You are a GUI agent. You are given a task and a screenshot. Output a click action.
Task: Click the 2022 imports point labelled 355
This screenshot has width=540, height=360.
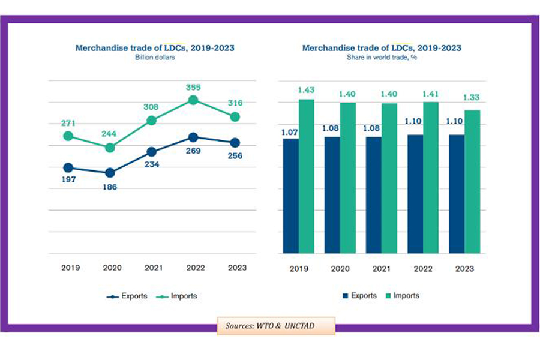point(193,101)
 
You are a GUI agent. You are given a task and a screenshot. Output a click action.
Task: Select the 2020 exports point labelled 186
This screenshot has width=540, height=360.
point(110,173)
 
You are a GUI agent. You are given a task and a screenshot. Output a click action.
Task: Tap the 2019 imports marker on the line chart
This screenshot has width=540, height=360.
point(68,136)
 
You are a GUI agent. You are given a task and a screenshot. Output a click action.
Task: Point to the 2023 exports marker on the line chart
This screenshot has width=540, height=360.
point(235,143)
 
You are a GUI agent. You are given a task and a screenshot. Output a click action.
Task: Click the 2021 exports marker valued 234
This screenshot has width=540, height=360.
point(152,152)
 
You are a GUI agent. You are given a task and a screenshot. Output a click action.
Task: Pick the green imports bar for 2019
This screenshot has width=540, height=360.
point(306,176)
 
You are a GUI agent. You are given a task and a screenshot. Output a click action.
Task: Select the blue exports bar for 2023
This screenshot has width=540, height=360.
point(457,194)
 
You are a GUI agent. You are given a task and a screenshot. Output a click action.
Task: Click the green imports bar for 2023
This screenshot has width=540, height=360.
point(473,181)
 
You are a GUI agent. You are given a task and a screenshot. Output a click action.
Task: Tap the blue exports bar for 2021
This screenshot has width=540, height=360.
point(374,195)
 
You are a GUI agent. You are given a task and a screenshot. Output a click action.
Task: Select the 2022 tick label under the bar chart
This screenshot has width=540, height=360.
point(422,269)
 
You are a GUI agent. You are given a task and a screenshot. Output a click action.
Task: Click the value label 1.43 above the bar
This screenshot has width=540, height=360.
point(306,89)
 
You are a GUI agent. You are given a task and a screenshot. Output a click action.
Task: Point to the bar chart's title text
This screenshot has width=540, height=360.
point(382,48)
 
